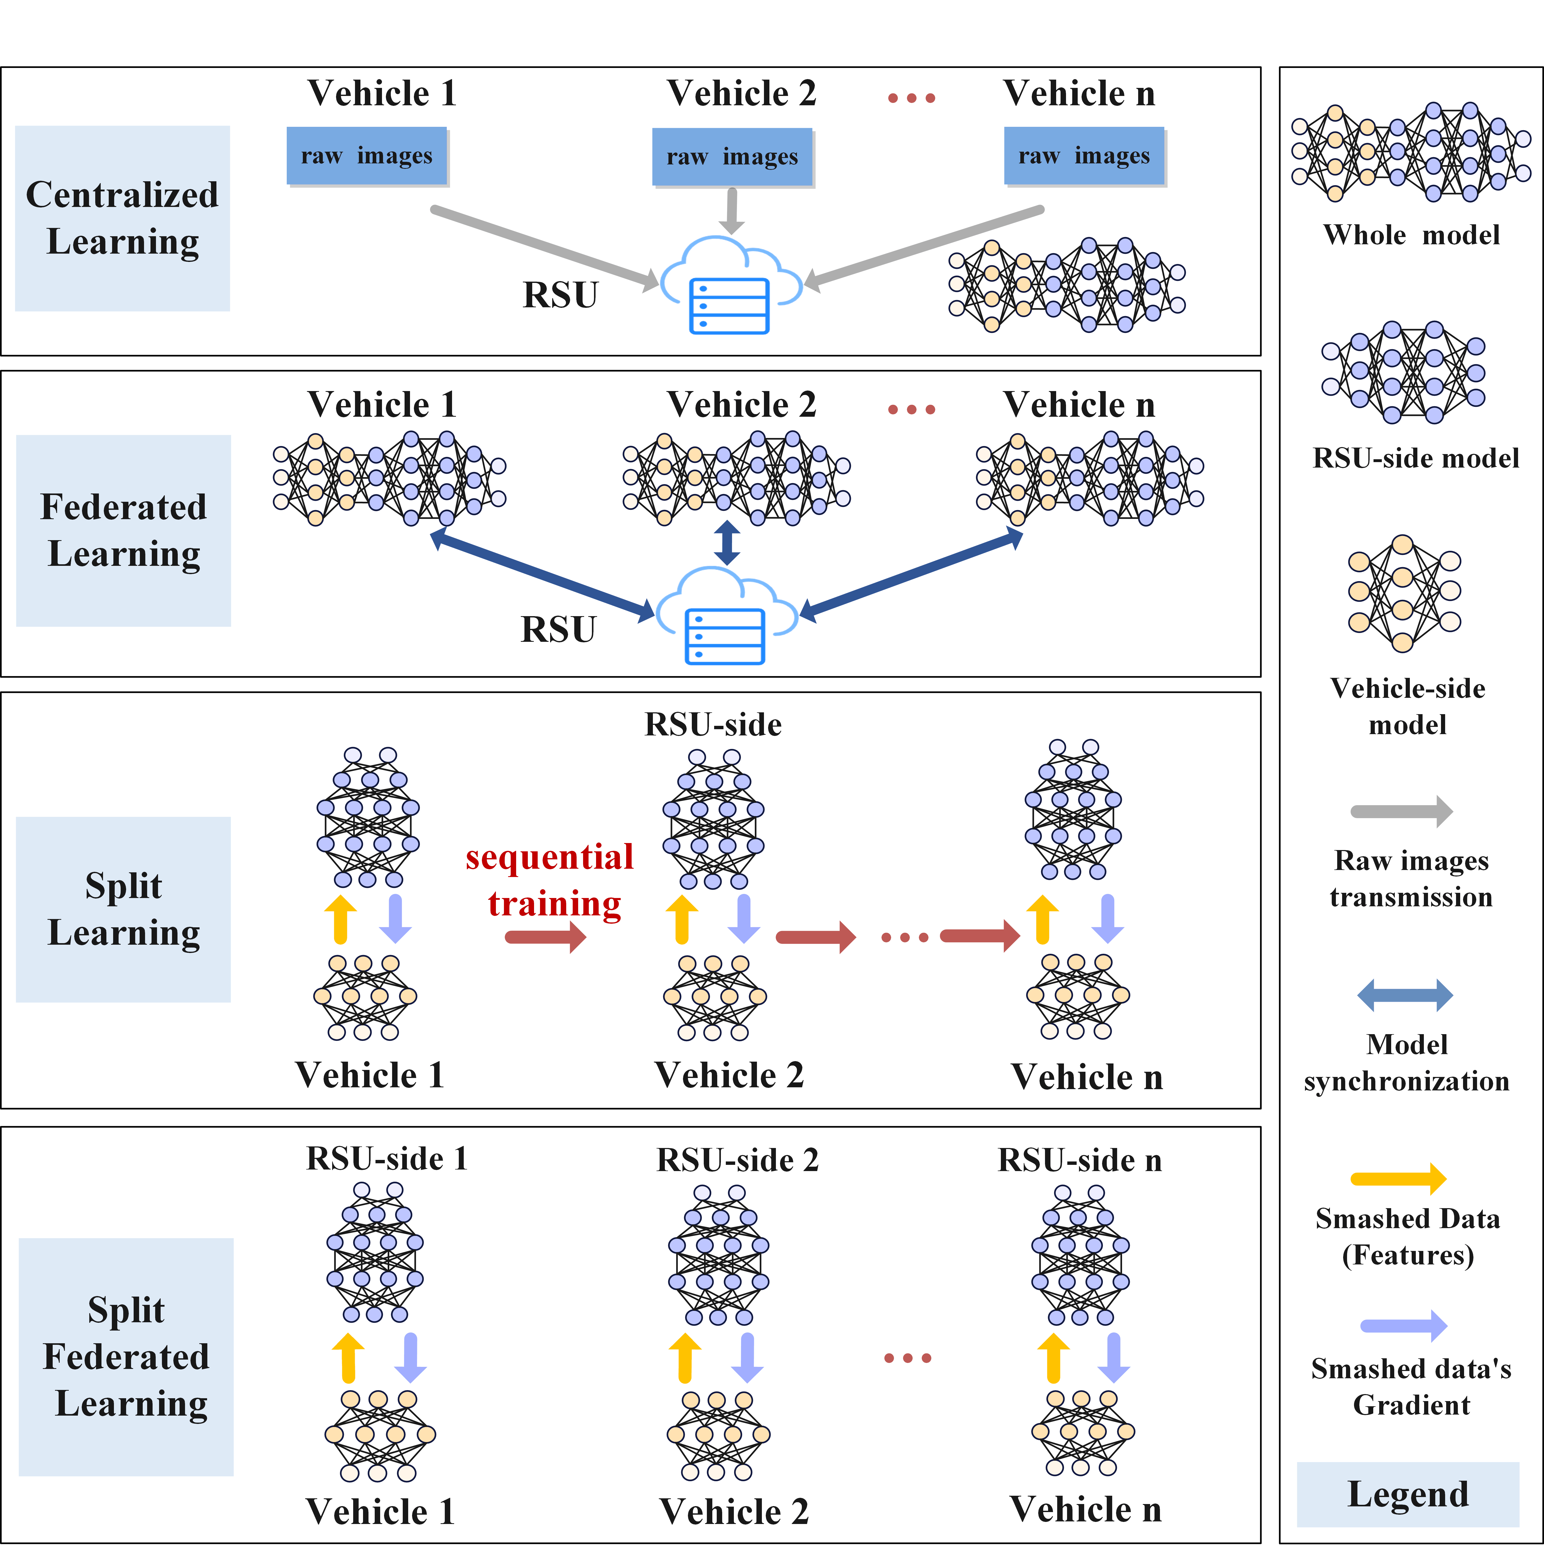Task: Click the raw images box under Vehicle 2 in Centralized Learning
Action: tap(732, 157)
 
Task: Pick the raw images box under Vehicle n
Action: tap(1084, 156)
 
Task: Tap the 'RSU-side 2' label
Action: tap(737, 1160)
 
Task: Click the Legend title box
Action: tap(1407, 1494)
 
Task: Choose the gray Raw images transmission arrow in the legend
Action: tap(1402, 811)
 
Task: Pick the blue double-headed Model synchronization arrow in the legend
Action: tap(1405, 995)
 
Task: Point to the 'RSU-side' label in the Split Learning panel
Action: tap(713, 725)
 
